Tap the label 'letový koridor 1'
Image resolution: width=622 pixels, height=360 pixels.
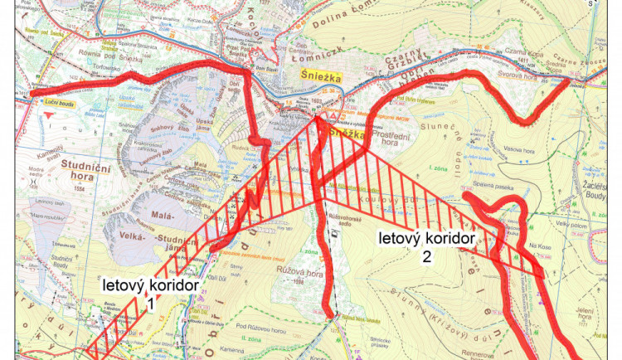coord(152,293)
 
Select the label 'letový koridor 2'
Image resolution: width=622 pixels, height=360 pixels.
coord(426,246)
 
